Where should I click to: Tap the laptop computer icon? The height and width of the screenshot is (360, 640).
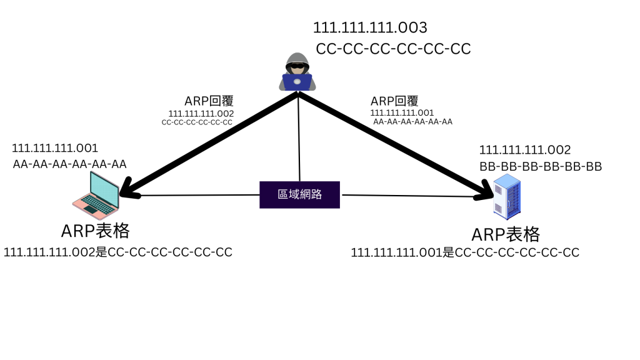[x=96, y=194]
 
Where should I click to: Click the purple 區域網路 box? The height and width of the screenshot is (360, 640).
[x=300, y=194]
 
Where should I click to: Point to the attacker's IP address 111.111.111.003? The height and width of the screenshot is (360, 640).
[x=370, y=28]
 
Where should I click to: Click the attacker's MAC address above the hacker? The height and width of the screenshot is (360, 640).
[x=393, y=49]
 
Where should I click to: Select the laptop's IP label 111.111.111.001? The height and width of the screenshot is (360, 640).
[x=55, y=148]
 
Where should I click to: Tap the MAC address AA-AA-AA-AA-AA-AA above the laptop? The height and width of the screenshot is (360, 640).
[x=70, y=164]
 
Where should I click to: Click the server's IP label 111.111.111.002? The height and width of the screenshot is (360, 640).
[x=525, y=150]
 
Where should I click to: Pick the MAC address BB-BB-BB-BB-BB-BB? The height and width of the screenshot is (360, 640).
[x=541, y=167]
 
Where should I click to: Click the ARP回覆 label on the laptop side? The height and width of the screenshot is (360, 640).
[x=209, y=101]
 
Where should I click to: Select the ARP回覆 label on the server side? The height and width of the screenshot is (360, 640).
[x=394, y=101]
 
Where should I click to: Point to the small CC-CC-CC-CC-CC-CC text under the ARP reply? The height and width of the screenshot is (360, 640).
[x=197, y=122]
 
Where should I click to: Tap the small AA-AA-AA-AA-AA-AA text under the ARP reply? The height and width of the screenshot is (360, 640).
[x=412, y=122]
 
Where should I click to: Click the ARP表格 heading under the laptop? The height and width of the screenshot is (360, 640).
[x=95, y=231]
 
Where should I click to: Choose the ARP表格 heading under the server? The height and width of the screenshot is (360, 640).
[x=506, y=234]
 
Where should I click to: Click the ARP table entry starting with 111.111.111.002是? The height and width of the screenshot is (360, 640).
[x=118, y=252]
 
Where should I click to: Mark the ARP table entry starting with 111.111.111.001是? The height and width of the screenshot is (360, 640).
[x=465, y=252]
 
